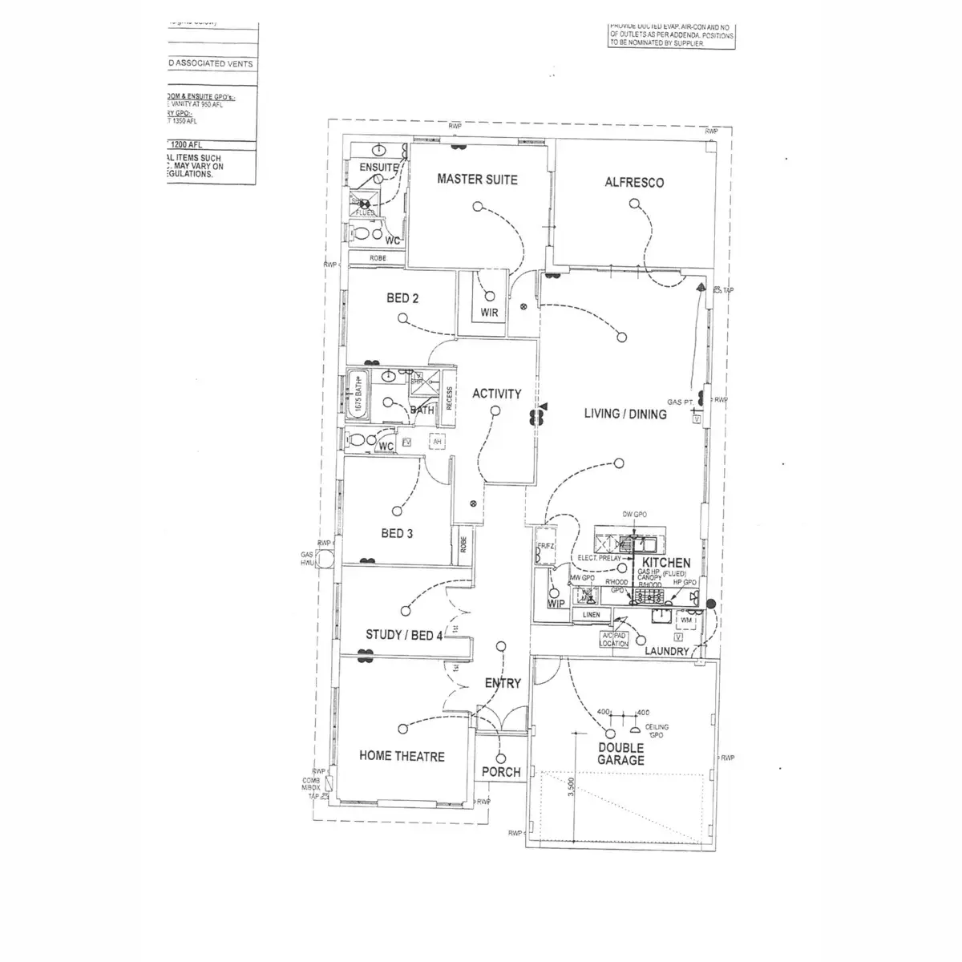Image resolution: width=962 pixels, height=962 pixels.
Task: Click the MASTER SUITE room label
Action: (477, 180)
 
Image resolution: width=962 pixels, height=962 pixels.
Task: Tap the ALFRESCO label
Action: (634, 182)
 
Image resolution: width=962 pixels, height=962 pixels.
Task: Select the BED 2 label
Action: (402, 298)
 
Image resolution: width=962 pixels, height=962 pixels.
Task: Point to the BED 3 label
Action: (397, 533)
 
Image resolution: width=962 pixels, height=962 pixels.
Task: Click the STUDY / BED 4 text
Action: (404, 635)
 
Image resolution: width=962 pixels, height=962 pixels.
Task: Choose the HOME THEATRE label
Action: (402, 756)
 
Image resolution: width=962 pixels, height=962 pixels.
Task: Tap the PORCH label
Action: (501, 772)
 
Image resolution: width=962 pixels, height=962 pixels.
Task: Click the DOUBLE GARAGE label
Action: (620, 754)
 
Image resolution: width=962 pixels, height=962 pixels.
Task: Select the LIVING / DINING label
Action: (625, 414)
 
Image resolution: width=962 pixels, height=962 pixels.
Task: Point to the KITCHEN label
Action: (666, 563)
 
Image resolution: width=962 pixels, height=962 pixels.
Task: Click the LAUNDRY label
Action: (667, 651)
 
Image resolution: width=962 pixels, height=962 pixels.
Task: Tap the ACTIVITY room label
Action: (496, 394)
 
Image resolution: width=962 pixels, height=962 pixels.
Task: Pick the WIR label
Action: (490, 313)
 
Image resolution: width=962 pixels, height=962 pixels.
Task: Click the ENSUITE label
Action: (378, 168)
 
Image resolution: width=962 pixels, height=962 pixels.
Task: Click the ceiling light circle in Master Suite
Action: (477, 207)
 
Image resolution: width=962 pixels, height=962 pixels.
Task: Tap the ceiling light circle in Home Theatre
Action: (402, 728)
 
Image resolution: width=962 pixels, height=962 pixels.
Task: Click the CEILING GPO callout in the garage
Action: (657, 731)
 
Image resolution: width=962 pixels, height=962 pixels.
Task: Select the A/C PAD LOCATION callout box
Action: (615, 639)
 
